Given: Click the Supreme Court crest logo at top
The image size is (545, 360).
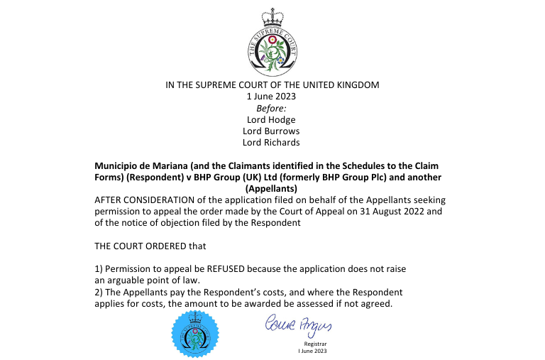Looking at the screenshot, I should click(272, 45).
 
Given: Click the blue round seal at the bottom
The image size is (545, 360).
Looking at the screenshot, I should click(195, 333).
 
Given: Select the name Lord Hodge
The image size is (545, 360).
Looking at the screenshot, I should click(272, 119).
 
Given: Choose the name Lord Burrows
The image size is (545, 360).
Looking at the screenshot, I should click(272, 131).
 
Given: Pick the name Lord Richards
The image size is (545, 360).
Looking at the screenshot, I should click(272, 142).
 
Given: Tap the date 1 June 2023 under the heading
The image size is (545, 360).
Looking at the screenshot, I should click(272, 96).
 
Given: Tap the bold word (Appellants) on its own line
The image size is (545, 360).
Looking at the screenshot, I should click(272, 188).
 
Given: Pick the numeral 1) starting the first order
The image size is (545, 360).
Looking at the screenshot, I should click(99, 269).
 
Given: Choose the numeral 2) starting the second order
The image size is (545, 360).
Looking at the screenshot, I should click(99, 292).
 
